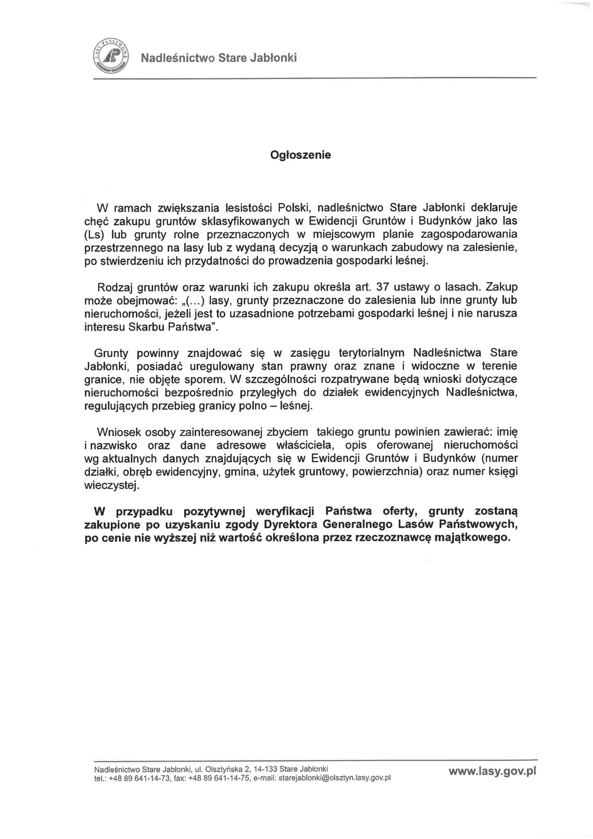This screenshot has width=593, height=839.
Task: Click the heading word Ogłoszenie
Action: pyautogui.click(x=300, y=155)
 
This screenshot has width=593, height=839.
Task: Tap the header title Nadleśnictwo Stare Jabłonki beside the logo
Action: pyautogui.click(x=219, y=58)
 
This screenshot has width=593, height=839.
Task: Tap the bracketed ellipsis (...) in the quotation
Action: pyautogui.click(x=195, y=300)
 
